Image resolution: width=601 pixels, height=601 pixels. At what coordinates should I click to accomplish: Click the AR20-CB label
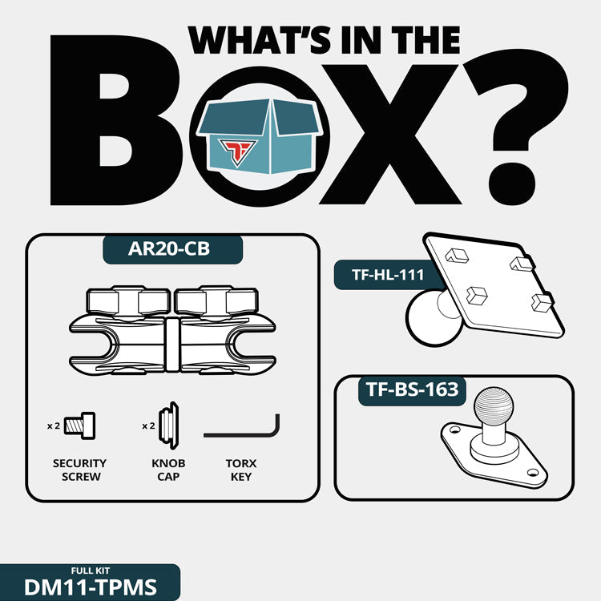pos(169,248)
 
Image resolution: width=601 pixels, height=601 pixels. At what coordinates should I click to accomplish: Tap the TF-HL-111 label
pos(388,275)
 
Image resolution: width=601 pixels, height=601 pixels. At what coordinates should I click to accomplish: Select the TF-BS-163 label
pos(413,389)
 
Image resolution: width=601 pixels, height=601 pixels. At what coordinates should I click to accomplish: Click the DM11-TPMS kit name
pos(91,587)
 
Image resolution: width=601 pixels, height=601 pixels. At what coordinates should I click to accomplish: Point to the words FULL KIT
pos(91,571)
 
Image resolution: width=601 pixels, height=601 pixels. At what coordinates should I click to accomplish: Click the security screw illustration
pos(79,426)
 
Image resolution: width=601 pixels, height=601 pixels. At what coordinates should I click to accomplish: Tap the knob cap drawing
pos(168,426)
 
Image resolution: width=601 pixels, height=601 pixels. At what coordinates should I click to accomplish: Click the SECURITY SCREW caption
pos(79,470)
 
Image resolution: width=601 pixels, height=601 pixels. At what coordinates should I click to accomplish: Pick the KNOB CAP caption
pos(168,470)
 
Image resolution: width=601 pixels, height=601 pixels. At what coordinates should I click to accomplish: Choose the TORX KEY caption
pos(241,470)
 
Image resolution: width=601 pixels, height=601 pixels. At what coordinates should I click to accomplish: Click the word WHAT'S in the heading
pos(259,40)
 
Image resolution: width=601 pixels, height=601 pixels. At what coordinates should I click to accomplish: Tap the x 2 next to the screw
pos(54,426)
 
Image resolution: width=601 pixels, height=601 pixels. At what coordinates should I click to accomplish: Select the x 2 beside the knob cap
pos(148,426)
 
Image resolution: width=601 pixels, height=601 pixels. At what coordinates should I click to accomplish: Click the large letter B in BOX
pos(115,120)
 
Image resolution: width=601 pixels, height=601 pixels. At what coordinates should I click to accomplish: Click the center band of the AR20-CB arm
pos(172,345)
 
